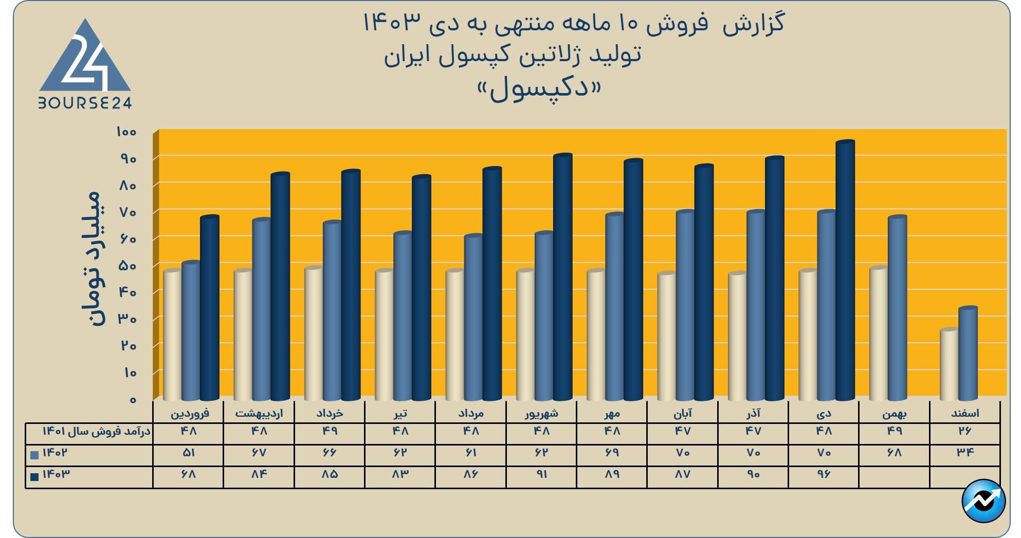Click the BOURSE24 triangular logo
(85, 64)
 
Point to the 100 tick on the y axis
(126, 132)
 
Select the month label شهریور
(541, 413)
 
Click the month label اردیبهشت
(259, 413)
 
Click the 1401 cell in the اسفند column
(965, 431)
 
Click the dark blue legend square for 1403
(35, 477)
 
